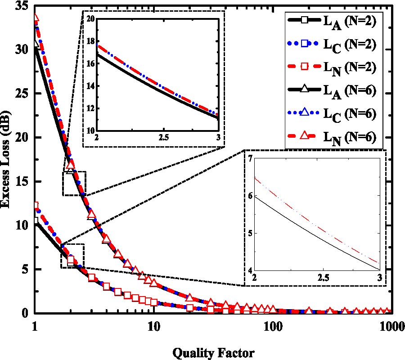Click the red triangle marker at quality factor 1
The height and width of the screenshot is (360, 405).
click(36, 18)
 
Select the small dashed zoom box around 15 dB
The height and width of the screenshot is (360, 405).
click(74, 184)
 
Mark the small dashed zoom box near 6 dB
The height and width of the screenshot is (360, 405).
click(72, 256)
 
